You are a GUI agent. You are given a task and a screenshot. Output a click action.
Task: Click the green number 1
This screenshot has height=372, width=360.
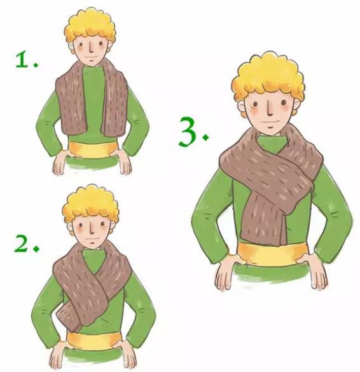22,60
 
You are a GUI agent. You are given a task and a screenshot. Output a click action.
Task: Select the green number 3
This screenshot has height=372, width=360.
188,131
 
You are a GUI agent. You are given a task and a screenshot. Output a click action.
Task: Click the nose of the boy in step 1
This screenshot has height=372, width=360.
92,48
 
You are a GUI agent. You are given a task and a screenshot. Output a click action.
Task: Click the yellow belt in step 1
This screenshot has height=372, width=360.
93,149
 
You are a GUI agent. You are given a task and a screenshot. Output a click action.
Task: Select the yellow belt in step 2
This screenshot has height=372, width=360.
94,341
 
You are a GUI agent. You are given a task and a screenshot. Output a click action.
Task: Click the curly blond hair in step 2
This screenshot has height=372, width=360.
91,204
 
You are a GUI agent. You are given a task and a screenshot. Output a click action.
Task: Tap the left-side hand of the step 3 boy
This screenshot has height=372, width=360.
228,270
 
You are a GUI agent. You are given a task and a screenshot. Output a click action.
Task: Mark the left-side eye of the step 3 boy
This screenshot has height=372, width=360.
255,104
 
